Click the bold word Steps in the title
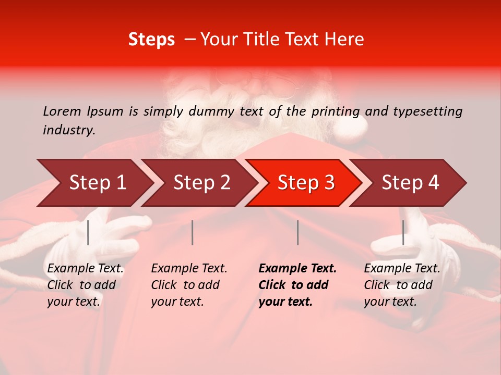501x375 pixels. point(151,40)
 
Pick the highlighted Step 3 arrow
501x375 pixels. point(306,182)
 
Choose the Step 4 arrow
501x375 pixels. point(410,182)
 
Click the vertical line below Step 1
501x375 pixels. point(88,232)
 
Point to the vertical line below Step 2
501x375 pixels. point(193,232)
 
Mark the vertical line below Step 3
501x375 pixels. point(298,232)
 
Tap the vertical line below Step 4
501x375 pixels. point(403,232)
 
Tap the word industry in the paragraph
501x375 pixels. point(68,130)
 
